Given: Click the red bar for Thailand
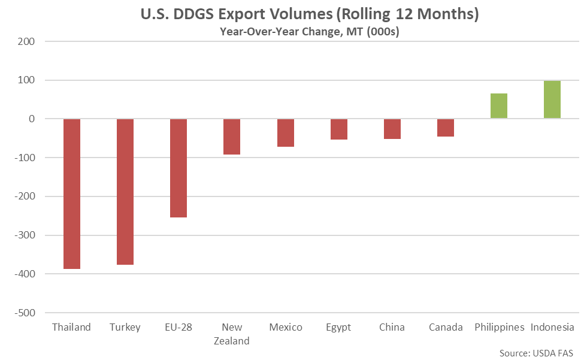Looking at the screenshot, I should pyautogui.click(x=72, y=193).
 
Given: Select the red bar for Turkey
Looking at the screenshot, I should pyautogui.click(x=125, y=192).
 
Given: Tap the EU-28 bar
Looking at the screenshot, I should pyautogui.click(x=178, y=168).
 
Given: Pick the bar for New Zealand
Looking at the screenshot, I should pyautogui.click(x=232, y=137).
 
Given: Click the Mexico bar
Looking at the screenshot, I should pyautogui.click(x=285, y=132).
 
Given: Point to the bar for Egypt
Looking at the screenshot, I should pyautogui.click(x=339, y=129).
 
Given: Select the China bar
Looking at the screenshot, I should pyautogui.click(x=392, y=129).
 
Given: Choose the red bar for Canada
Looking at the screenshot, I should pyautogui.click(x=446, y=128).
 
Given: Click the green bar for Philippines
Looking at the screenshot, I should pyautogui.click(x=499, y=106).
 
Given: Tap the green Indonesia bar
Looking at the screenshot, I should pyautogui.click(x=552, y=99).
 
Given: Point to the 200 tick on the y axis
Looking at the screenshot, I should pyautogui.click(x=28, y=42).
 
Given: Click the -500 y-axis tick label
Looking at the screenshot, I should pyautogui.click(x=25, y=313).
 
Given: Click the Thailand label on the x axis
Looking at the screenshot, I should pyautogui.click(x=72, y=327).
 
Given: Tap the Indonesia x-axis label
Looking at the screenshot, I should pyautogui.click(x=552, y=327).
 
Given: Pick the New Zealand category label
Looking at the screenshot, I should pyautogui.click(x=232, y=334).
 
